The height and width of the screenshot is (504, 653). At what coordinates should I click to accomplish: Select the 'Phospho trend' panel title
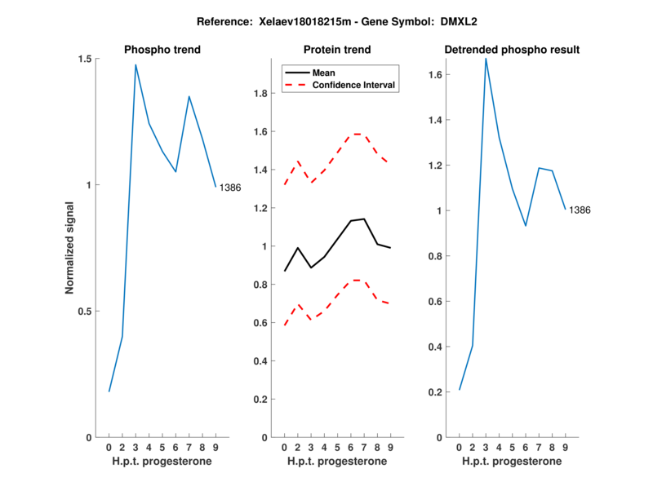coord(162,50)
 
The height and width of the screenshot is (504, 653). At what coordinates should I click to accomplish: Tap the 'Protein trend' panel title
coord(337,50)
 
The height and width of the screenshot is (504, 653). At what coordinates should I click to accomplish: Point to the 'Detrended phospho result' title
coord(512,50)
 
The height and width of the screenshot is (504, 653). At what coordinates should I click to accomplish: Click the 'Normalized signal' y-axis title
coord(70,248)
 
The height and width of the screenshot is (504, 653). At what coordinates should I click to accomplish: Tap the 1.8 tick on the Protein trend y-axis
coord(261,94)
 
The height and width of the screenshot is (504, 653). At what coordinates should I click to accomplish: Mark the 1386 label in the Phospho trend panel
coord(231,188)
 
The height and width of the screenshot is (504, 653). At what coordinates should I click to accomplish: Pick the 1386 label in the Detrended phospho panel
coord(580,210)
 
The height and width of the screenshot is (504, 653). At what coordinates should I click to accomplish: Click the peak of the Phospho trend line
coord(135,64)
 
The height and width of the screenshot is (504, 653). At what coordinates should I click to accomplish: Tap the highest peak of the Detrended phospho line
coord(486,58)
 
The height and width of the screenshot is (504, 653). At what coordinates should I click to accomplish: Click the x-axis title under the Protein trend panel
coord(337,462)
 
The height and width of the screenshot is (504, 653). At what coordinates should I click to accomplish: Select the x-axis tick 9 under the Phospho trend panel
coord(215,447)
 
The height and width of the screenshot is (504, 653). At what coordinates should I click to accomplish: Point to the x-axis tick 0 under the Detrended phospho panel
coord(460,447)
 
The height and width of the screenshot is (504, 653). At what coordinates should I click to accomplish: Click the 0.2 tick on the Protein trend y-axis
coord(261,400)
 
